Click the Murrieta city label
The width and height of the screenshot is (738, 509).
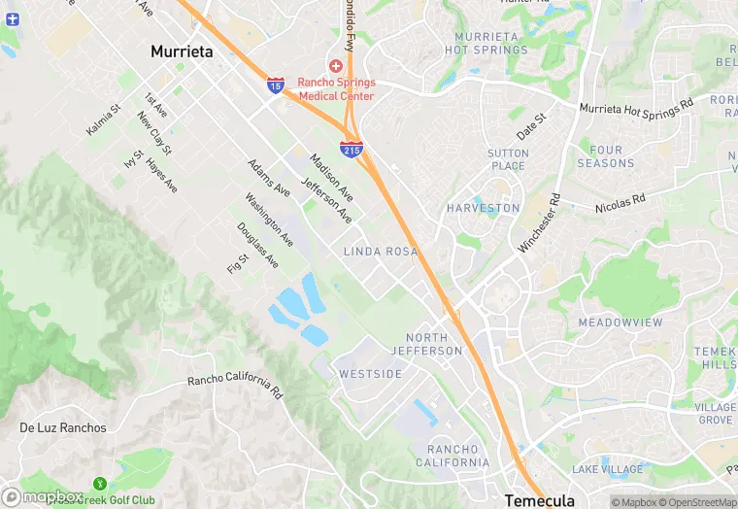click(182, 51)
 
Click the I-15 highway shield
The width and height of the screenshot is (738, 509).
click(276, 86)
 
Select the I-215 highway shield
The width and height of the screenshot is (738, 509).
click(352, 150)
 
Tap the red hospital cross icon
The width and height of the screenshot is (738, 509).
click(335, 65)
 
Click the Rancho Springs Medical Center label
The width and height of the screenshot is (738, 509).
click(336, 88)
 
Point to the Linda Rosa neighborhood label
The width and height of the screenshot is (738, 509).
click(380, 252)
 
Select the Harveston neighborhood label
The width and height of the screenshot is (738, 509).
click(483, 209)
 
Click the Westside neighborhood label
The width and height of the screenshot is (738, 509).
click(370, 374)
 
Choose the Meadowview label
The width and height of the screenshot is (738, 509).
click(620, 322)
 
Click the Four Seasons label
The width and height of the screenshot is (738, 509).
click(605, 156)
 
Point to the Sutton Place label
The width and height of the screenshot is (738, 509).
click(508, 159)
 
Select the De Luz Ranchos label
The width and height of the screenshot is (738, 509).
click(61, 427)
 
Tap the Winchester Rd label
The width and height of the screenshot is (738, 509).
click(539, 222)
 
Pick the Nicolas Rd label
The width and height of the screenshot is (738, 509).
click(620, 203)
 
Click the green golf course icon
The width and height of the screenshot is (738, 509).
click(99, 484)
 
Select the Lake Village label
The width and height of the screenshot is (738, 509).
click(607, 469)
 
